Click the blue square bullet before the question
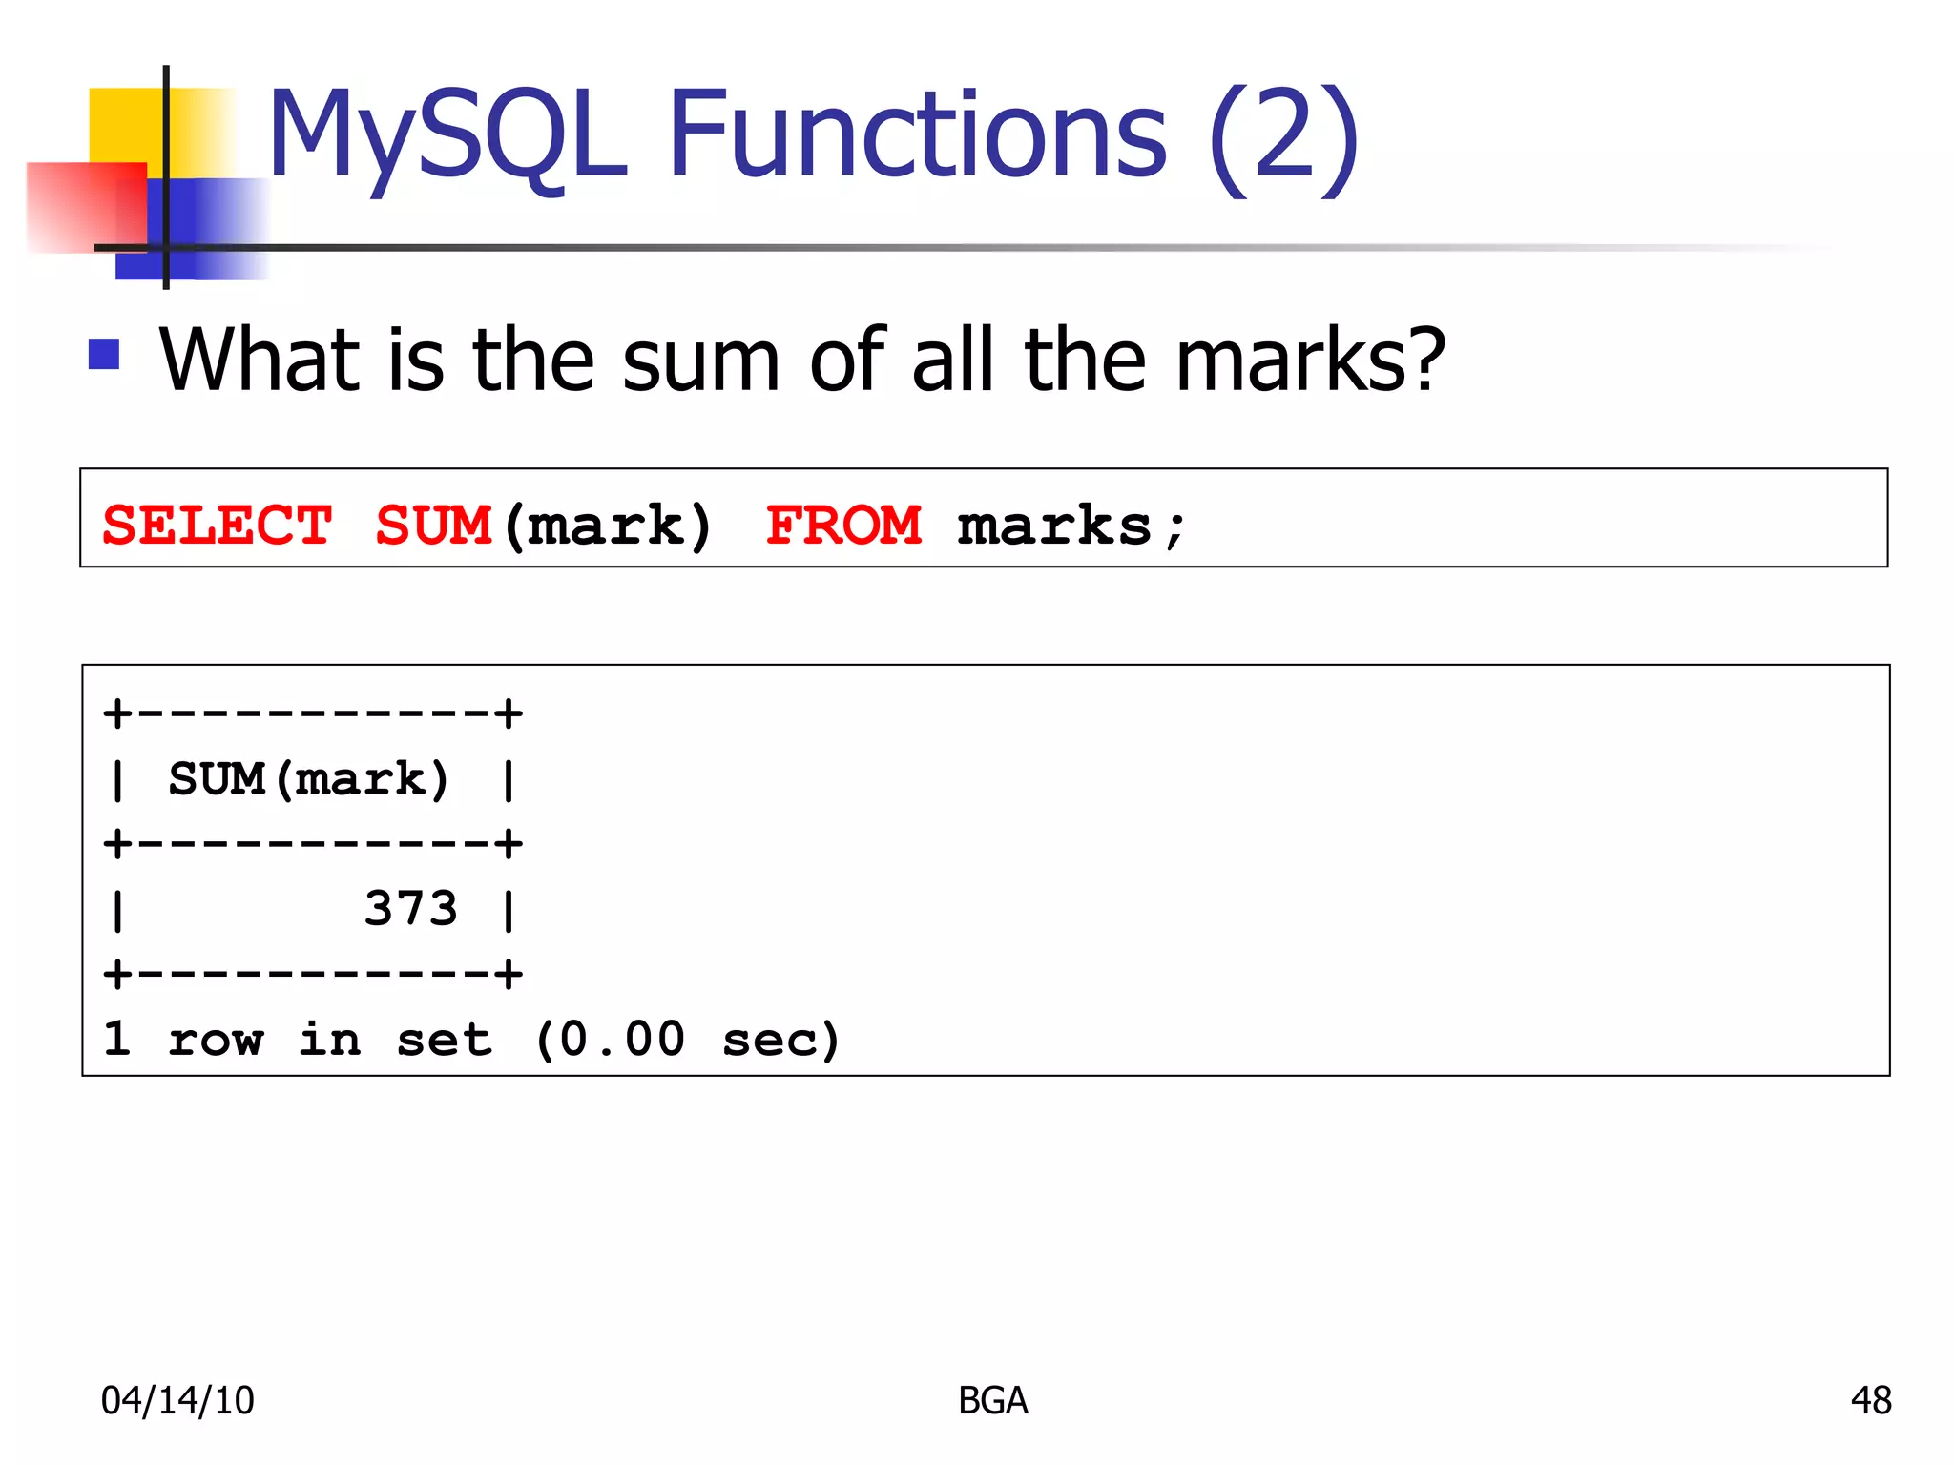[104, 354]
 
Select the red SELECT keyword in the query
[218, 526]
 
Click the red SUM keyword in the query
[433, 526]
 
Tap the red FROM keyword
[843, 526]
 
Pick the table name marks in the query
[1054, 526]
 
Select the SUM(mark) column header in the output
[308, 779]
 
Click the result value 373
[411, 908]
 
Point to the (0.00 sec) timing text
[687, 1039]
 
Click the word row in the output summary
[215, 1040]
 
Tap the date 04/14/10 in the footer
[177, 1400]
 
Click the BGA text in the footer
[993, 1400]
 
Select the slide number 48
[1871, 1400]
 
